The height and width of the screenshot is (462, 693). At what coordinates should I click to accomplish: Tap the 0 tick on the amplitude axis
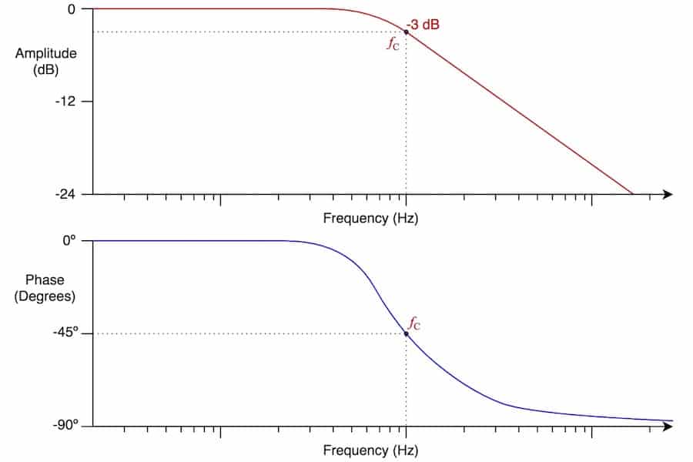coord(72,9)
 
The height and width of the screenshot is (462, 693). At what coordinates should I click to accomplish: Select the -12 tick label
coord(66,102)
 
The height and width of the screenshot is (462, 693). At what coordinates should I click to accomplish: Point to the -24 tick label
coord(66,194)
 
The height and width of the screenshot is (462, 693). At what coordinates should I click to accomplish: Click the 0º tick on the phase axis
coord(70,241)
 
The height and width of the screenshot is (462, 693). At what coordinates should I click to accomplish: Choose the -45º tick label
coord(64,333)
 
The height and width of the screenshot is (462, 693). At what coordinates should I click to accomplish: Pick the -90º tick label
coord(64,426)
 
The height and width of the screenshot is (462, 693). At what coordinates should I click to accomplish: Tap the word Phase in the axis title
coord(45,280)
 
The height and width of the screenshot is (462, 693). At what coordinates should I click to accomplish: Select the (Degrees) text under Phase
coord(45,296)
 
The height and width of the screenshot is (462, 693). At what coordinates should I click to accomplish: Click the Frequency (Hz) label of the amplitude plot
coord(370,218)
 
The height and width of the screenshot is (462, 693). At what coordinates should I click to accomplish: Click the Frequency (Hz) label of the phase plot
coord(370,450)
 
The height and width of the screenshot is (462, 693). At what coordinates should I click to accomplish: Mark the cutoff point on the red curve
coord(407,32)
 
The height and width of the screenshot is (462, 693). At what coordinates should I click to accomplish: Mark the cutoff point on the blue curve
coord(407,333)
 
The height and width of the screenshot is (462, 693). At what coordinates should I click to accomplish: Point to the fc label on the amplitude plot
coord(393,43)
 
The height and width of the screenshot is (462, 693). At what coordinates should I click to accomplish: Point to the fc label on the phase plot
coord(414,322)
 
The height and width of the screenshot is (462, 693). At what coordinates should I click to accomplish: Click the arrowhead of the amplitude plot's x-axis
coord(668,194)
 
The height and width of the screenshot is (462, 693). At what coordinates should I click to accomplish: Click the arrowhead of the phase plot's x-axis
coord(668,426)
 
